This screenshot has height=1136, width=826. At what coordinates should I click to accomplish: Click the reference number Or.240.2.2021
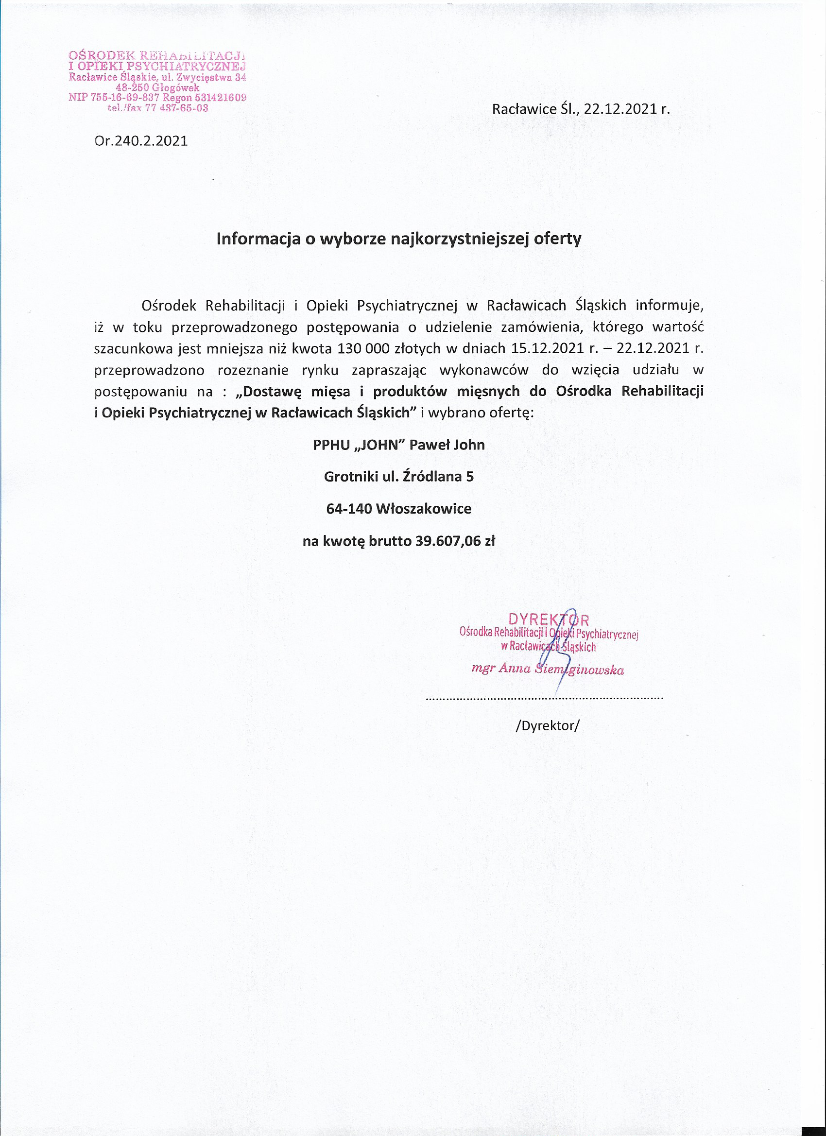[x=141, y=141]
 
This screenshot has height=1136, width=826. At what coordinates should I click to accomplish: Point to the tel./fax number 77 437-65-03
[x=176, y=108]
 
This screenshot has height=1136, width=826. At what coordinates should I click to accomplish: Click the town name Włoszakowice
[x=423, y=509]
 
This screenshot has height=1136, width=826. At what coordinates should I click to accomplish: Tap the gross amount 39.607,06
[x=447, y=541]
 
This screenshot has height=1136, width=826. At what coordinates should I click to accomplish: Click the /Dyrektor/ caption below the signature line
[x=547, y=725]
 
